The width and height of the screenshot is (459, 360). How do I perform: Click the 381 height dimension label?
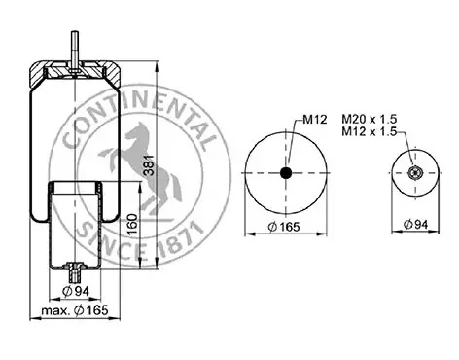coord(150,164)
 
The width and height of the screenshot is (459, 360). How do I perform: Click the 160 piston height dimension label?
coord(132,225)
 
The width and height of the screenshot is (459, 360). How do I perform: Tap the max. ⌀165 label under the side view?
coord(75,310)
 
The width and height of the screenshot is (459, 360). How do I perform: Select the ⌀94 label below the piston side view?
coord(75,291)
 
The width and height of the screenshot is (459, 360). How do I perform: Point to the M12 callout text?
coord(315,120)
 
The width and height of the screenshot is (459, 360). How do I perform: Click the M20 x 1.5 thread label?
coord(370,119)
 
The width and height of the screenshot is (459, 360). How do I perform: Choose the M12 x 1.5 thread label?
coord(370,131)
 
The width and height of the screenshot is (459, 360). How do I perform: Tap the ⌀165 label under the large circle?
coord(284,227)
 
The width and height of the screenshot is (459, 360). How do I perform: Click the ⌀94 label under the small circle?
coord(415,224)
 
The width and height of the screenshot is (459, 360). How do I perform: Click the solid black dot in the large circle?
coord(286,173)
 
